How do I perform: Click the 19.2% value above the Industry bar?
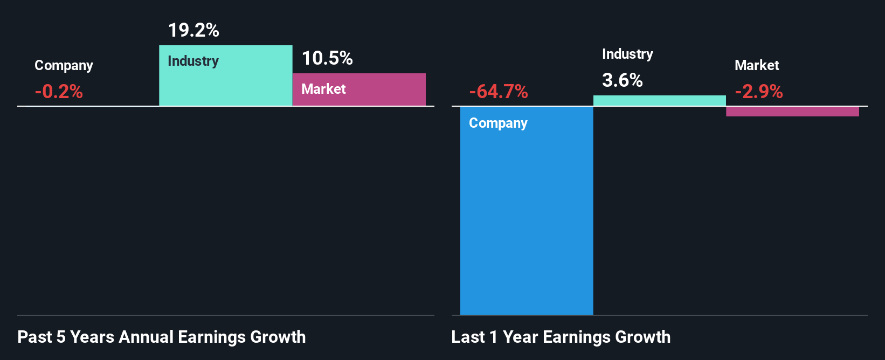[193, 30]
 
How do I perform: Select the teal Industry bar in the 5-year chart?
[226, 84]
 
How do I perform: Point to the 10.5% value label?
[327, 58]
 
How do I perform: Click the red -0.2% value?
[59, 92]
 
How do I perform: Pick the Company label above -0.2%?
[64, 65]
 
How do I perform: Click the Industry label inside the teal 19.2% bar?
[193, 61]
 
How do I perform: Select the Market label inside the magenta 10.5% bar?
[323, 89]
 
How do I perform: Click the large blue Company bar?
[527, 216]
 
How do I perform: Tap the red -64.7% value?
[499, 92]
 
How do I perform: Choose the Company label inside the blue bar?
[498, 123]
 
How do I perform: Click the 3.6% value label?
[623, 80]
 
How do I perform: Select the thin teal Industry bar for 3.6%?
[660, 101]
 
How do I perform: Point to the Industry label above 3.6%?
[627, 54]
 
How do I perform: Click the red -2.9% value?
[759, 92]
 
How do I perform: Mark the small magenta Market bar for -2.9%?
[792, 112]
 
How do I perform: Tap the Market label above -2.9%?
[757, 65]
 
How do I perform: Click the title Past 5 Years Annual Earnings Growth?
[162, 337]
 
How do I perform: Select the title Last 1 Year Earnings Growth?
[561, 337]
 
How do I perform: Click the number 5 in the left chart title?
[61, 337]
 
